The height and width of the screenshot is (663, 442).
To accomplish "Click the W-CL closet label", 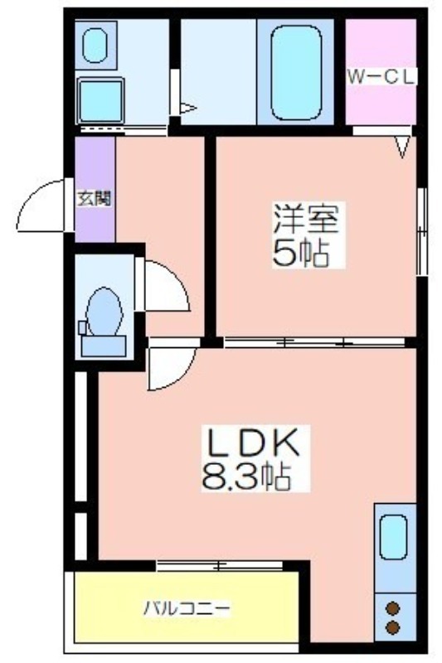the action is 381,77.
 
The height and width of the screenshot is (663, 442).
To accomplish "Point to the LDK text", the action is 252,443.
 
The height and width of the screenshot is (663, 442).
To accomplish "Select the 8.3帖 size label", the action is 246,476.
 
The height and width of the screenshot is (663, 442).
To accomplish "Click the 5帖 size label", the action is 301,253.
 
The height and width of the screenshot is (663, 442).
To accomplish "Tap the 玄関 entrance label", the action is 95,198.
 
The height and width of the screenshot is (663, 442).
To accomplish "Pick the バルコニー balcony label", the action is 187,609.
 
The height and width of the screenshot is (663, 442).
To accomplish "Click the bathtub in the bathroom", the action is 296,73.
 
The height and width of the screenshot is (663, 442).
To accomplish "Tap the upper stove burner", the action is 393,608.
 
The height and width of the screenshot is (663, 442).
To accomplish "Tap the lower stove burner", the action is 393,627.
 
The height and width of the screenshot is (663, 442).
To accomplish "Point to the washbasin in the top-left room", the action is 95,45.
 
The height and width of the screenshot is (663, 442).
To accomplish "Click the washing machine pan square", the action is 100,100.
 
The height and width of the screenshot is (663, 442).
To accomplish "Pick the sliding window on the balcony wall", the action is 219,565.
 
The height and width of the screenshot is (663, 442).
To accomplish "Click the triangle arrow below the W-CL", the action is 403,147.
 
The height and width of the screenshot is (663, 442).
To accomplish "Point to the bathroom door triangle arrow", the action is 188,109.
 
